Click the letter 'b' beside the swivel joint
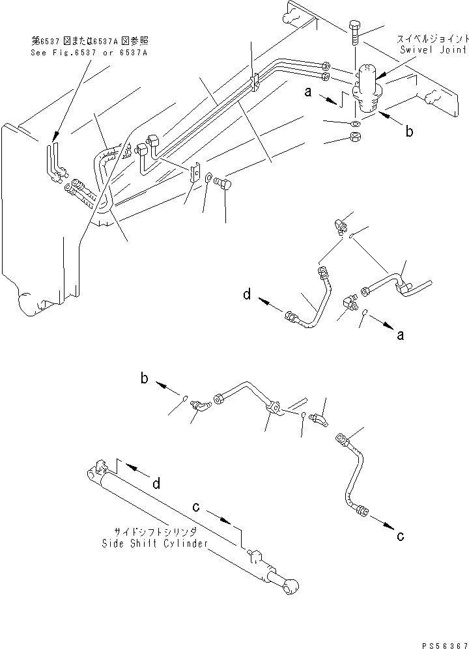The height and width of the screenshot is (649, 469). [x=410, y=131]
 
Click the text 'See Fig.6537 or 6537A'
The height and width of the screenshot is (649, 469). [x=89, y=51]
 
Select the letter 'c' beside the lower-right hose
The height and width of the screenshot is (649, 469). [x=401, y=536]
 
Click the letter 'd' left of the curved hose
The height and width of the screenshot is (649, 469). [x=247, y=295]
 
